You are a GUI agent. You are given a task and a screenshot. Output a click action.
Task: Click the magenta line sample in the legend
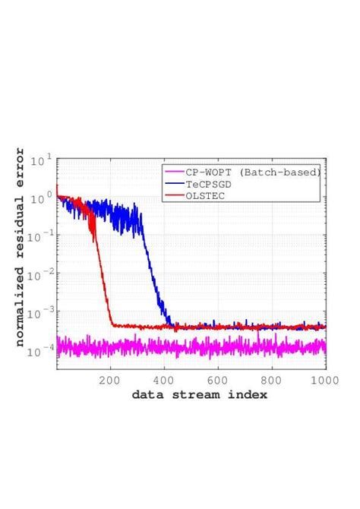[174, 172]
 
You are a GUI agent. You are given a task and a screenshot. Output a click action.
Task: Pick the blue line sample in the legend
[174, 184]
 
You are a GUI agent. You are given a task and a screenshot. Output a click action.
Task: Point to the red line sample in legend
[174, 195]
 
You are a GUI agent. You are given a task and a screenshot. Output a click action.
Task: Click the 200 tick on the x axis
[111, 380]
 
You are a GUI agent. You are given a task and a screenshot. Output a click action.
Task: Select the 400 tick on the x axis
[165, 380]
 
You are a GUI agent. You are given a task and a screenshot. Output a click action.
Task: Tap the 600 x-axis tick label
[219, 380]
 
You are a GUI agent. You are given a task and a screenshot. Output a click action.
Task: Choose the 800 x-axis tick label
[272, 380]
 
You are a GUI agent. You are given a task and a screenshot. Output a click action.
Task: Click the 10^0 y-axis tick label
[41, 198]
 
